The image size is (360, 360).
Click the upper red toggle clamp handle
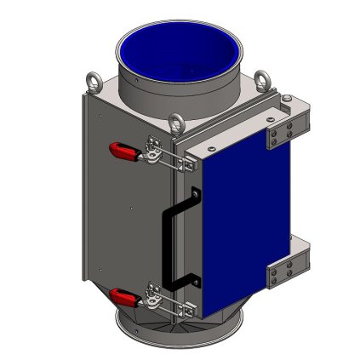point(123,151)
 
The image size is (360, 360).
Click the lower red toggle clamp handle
point(123,296)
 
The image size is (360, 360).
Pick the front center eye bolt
point(176,123)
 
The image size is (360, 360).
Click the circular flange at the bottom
point(153,328)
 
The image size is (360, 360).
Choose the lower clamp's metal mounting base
point(153,296)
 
